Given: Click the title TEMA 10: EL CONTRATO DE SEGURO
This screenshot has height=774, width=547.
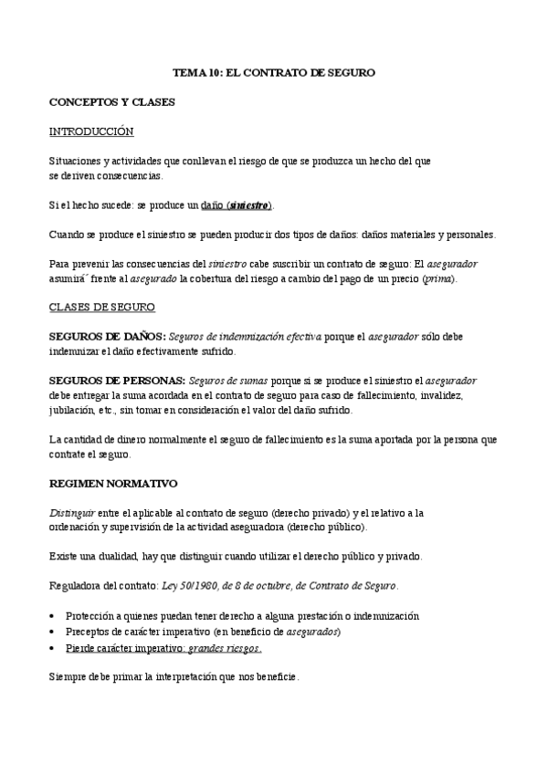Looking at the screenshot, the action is pyautogui.click(x=274, y=71).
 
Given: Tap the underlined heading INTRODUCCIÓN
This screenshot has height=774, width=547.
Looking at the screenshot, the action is pyautogui.click(x=91, y=131).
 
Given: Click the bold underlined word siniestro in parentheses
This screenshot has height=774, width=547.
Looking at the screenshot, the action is pyautogui.click(x=249, y=204).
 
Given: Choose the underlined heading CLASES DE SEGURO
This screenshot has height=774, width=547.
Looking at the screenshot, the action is pyautogui.click(x=102, y=308).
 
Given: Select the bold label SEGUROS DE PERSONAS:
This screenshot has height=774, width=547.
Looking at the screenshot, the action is pyautogui.click(x=117, y=381).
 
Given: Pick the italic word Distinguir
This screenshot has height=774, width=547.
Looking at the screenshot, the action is pyautogui.click(x=72, y=512).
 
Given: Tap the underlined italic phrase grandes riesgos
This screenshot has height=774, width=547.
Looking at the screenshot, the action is pyautogui.click(x=225, y=648).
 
